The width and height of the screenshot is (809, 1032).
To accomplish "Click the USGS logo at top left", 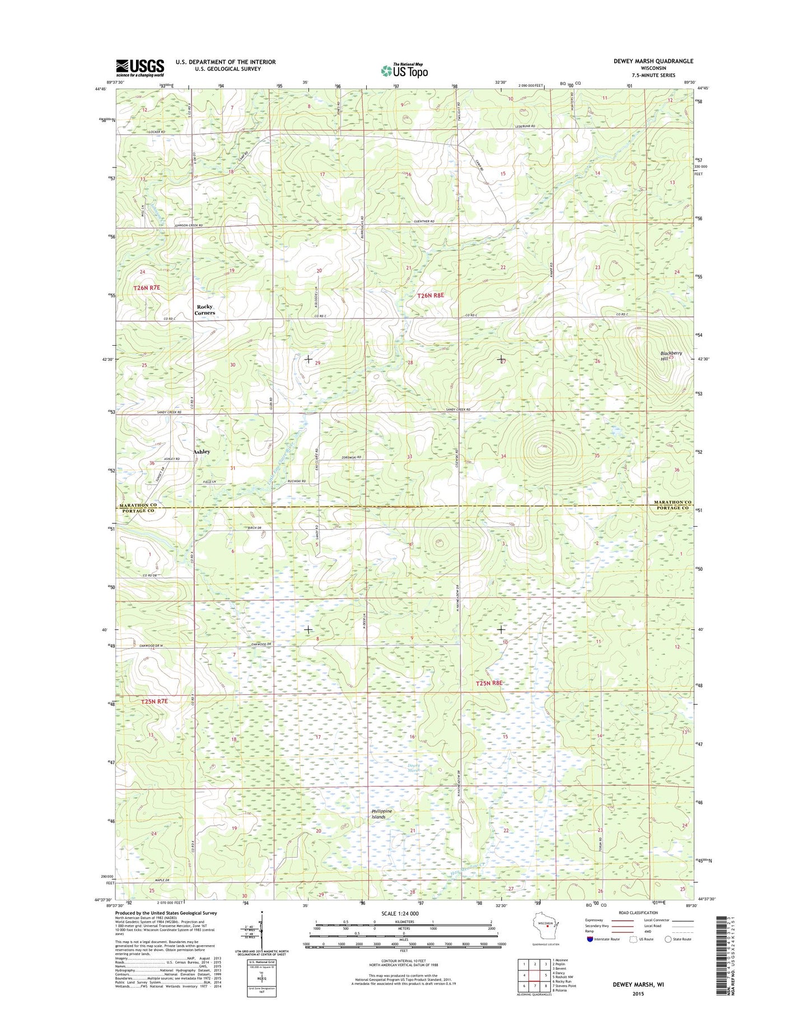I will point(140,67).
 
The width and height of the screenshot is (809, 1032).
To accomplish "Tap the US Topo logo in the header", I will point(404,70).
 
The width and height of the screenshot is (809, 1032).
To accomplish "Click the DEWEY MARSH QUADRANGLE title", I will point(653,61).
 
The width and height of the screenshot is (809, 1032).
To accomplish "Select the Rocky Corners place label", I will point(204,310).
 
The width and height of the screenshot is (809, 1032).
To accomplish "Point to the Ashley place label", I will point(202,452).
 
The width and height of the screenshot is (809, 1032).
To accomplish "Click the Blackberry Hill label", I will point(671,356).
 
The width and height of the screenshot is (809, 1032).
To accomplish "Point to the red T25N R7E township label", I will point(154,701).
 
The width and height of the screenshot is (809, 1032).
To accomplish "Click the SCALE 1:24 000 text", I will point(400,914).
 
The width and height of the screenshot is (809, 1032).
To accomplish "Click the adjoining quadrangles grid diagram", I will point(535,975).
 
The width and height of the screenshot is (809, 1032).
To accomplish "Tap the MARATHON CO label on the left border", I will point(138,505).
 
